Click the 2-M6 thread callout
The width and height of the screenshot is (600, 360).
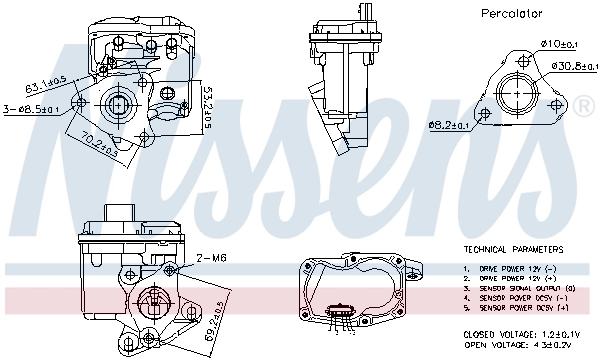[x=213, y=257]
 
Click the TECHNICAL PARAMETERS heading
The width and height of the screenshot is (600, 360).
[x=512, y=248]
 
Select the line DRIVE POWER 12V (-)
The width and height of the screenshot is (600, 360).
[x=514, y=268]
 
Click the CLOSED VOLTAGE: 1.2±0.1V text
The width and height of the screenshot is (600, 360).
[x=521, y=333]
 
